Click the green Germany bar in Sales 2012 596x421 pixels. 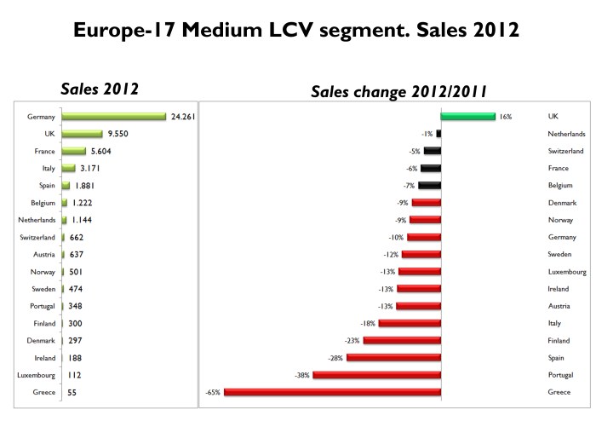point(113,116)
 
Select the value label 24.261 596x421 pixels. point(183,116)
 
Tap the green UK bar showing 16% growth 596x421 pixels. point(467,116)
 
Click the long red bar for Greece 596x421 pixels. point(332,392)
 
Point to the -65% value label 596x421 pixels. point(213,392)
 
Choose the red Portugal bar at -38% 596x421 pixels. point(376,375)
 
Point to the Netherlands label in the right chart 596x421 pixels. point(566,134)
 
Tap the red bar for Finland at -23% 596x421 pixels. point(402,341)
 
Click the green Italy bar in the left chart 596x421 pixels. point(69,168)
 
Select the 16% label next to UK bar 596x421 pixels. point(506,116)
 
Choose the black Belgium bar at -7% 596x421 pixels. point(429,185)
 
